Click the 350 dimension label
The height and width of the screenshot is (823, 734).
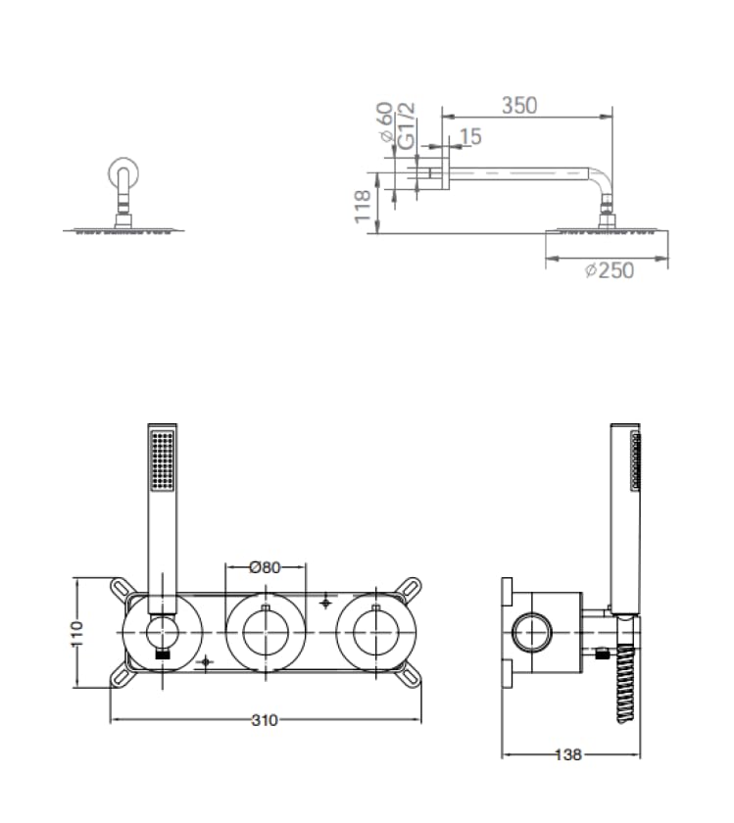519,106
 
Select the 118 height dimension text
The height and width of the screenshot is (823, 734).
363,207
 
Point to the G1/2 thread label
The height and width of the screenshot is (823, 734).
407,126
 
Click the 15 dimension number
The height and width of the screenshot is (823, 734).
470,136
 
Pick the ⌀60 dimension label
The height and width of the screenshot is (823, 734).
385,122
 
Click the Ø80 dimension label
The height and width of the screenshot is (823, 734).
266,567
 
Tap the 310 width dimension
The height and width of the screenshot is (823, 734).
265,720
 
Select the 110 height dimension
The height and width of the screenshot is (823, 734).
77,634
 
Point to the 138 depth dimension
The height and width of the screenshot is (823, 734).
568,754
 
